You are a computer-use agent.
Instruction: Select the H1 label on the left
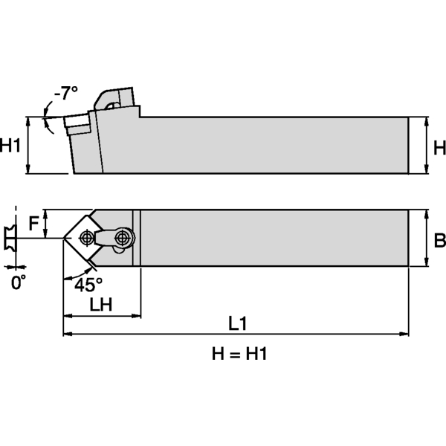point(11,146)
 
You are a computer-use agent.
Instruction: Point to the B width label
point(439,239)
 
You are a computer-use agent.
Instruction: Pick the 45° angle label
point(89,285)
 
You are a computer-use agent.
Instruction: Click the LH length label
point(101,305)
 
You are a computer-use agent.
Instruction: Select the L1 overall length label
point(236,324)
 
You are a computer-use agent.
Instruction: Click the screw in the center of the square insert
point(87,238)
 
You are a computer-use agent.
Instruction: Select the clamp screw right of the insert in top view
point(123,238)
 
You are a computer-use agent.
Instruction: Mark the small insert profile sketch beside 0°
point(9,239)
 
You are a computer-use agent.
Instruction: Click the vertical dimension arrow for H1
point(28,146)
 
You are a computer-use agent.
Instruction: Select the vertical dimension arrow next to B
point(426,238)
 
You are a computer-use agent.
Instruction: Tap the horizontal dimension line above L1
point(236,334)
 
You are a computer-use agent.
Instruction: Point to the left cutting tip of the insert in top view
point(62,238)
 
